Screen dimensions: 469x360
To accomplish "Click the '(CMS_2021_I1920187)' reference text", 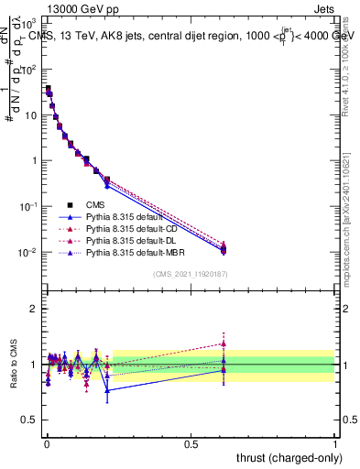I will coord(189,274).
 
